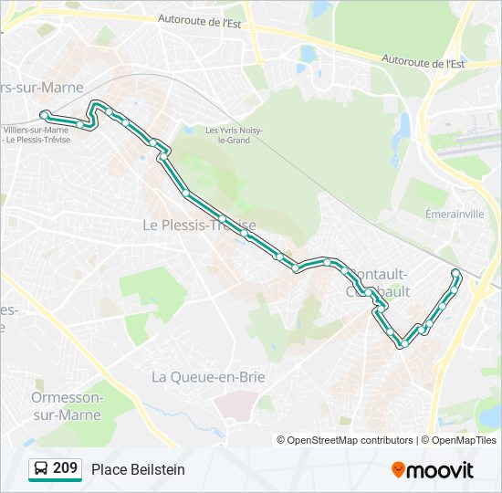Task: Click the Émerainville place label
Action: [x=455, y=214]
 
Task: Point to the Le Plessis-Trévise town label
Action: [x=199, y=225]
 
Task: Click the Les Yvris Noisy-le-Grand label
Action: [x=234, y=135]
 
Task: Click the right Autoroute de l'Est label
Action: [x=424, y=63]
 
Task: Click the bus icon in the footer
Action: [x=40, y=469]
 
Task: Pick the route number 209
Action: [x=65, y=468]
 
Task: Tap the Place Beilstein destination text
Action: [x=138, y=469]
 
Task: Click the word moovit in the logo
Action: [x=440, y=470]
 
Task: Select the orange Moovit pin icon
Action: [x=398, y=469]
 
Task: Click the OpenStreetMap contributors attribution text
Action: [x=345, y=440]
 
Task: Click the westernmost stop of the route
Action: [x=45, y=114]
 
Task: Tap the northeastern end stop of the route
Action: [x=455, y=273]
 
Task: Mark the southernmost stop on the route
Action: [x=400, y=344]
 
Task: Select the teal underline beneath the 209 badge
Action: [x=55, y=480]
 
